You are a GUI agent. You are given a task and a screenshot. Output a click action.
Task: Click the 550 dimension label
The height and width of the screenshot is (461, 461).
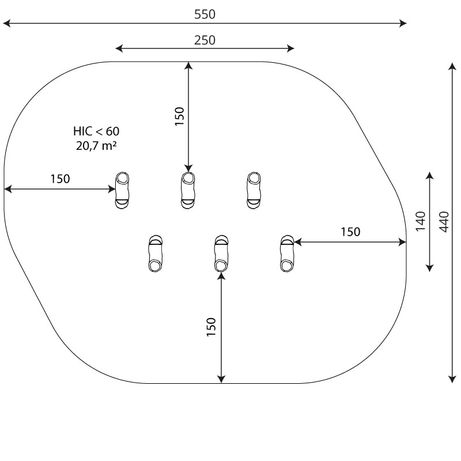click(205, 14)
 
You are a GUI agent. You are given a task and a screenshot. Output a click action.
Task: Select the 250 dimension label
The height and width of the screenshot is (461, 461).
click(205, 40)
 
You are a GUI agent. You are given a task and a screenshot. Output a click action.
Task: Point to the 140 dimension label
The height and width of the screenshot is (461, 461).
click(421, 221)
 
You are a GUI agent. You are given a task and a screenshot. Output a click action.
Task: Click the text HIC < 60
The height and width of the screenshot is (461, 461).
click(96, 131)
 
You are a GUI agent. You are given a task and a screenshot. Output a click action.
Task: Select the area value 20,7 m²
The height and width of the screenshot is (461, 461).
click(96, 146)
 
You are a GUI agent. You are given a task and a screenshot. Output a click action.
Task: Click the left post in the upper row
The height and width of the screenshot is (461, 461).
click(122, 190)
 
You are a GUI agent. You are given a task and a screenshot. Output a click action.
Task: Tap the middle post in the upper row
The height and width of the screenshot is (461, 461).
click(188, 190)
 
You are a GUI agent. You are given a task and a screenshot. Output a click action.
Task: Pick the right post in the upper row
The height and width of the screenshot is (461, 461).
click(254, 190)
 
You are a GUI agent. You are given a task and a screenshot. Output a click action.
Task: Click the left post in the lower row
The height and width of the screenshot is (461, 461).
click(155, 254)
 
